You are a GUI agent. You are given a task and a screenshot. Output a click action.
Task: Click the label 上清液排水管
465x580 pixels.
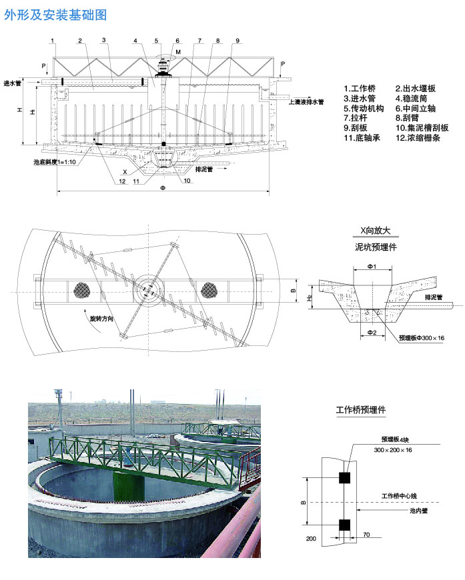click(x=306, y=102)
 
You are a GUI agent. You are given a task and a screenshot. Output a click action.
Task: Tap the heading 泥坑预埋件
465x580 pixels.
click(x=376, y=247)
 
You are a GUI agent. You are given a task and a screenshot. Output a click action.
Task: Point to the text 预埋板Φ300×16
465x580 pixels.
click(x=421, y=338)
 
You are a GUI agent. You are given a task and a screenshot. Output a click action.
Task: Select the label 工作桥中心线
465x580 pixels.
click(x=398, y=496)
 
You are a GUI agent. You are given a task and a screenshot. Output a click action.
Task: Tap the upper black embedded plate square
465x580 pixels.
click(x=345, y=477)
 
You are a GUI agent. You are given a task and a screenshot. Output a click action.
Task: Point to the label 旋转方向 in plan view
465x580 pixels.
click(x=103, y=319)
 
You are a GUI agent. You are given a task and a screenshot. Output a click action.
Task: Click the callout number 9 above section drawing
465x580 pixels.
click(x=238, y=41)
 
